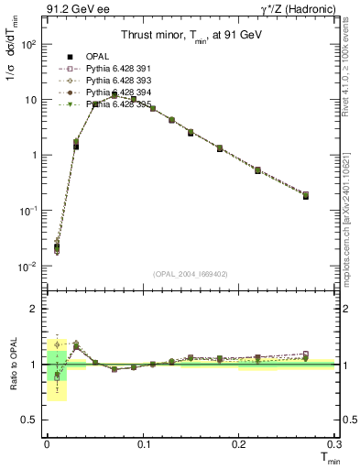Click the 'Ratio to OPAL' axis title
click(13, 364)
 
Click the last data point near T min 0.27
click(306, 195)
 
